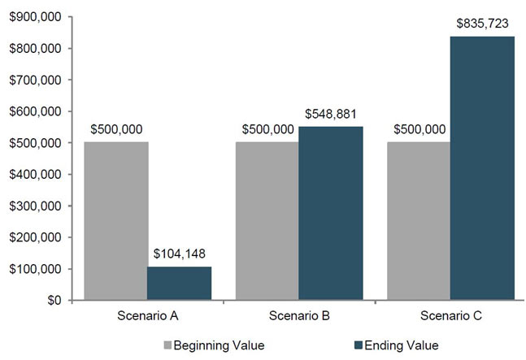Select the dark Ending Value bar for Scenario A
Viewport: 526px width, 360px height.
(x=179, y=284)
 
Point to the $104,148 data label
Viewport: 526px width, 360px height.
(x=179, y=254)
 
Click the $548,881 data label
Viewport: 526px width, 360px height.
(x=331, y=114)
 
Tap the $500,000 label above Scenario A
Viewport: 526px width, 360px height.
(x=115, y=129)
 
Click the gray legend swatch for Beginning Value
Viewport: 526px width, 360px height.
(x=169, y=345)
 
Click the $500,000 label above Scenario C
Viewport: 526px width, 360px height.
(x=419, y=129)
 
